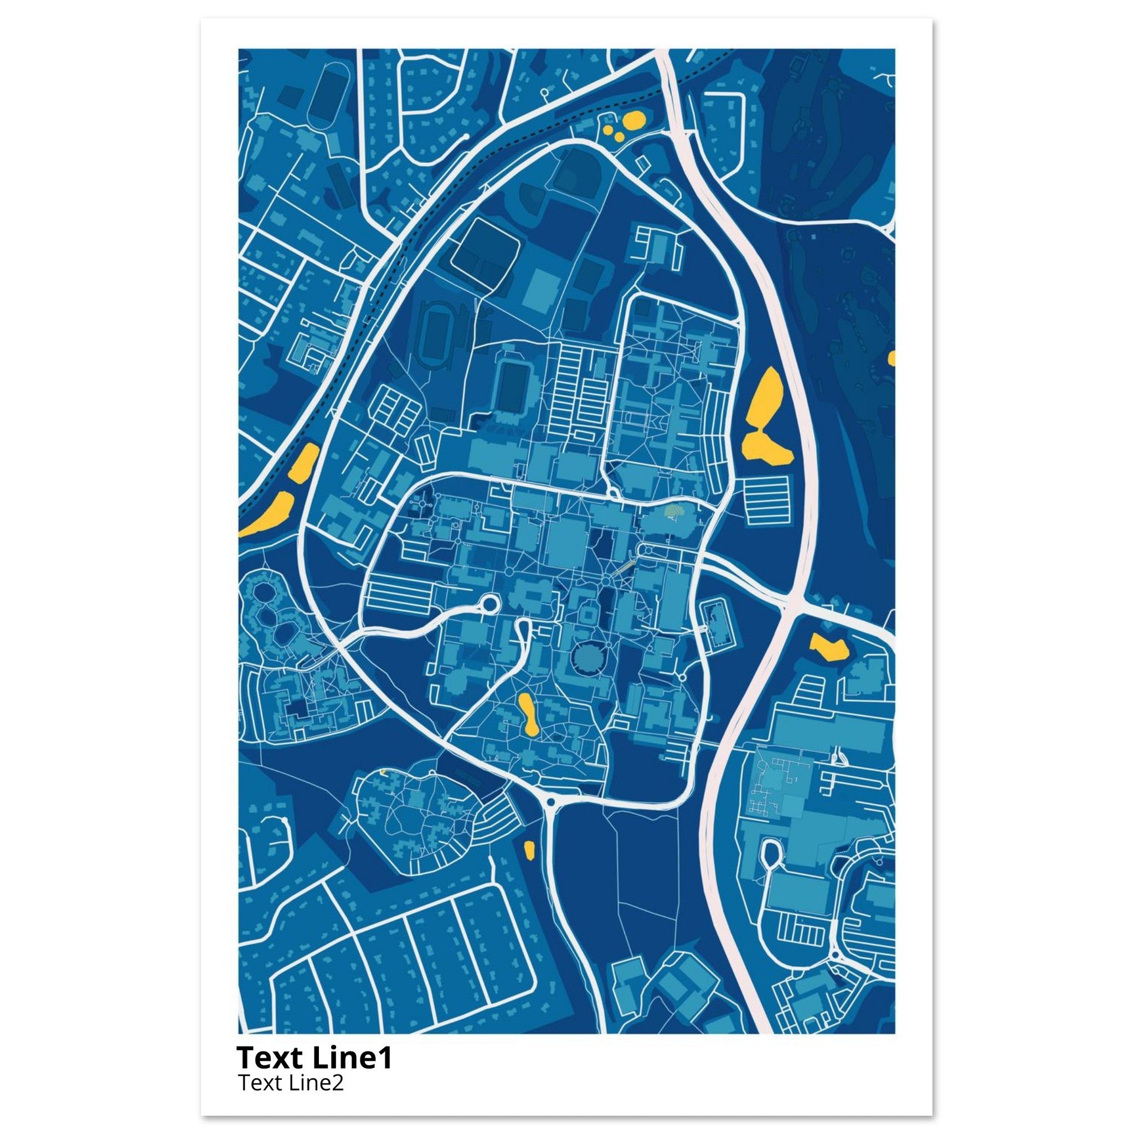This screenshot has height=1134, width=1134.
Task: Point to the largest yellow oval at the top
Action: (x=634, y=121)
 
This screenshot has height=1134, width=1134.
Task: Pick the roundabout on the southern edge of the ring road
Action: (x=550, y=802)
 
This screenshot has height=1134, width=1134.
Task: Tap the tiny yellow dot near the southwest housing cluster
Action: (x=383, y=772)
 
